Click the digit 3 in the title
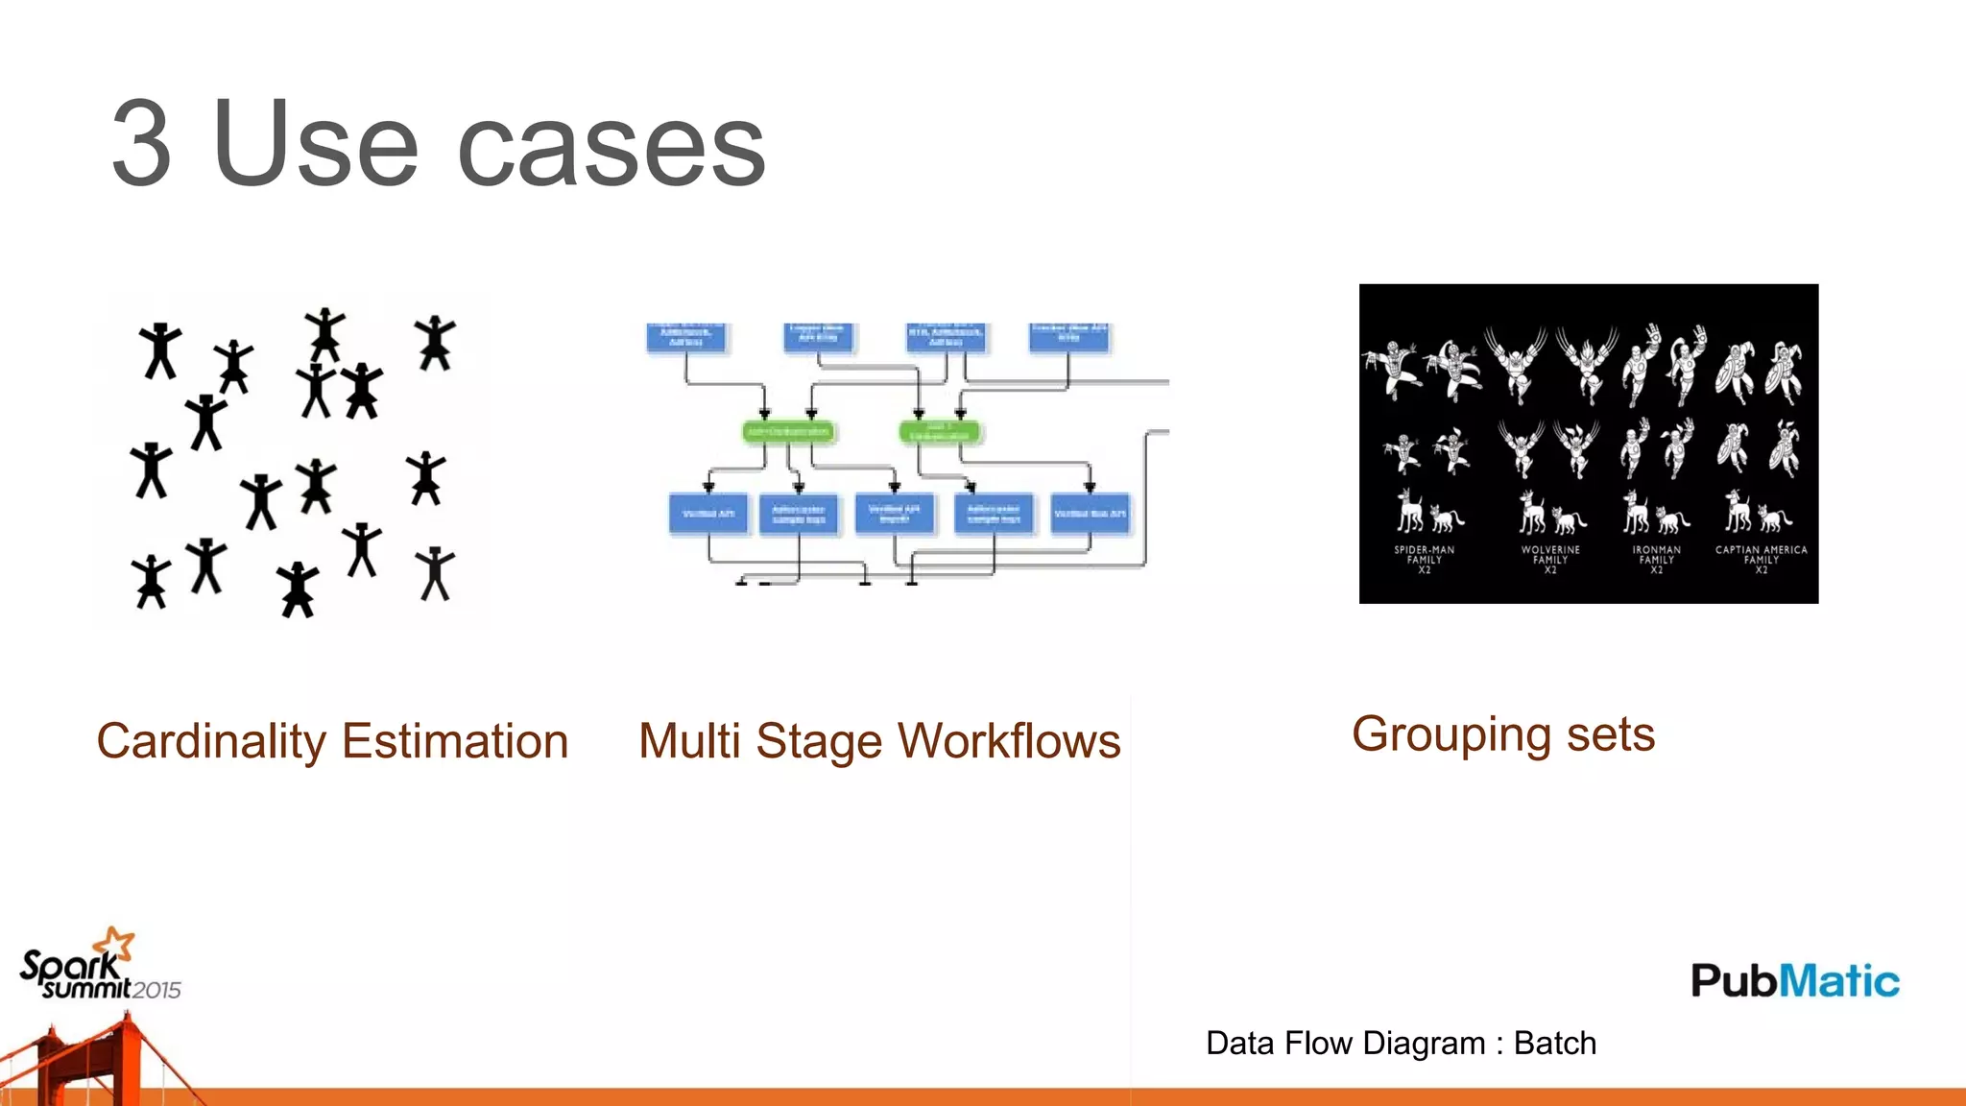[142, 144]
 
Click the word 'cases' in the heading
[611, 146]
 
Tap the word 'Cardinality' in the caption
[211, 741]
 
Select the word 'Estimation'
[455, 741]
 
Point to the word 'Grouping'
[1451, 735]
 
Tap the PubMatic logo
[1794, 980]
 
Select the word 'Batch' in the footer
[1554, 1043]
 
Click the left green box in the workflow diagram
[788, 432]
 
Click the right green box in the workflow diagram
[940, 432]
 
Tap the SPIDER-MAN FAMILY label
[1424, 559]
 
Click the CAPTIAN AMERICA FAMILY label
[1761, 559]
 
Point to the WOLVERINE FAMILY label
[1549, 559]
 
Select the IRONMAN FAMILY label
[1656, 559]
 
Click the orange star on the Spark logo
[119, 943]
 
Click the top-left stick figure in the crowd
[160, 350]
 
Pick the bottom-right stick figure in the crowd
[435, 573]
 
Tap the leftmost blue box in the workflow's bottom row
[707, 514]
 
